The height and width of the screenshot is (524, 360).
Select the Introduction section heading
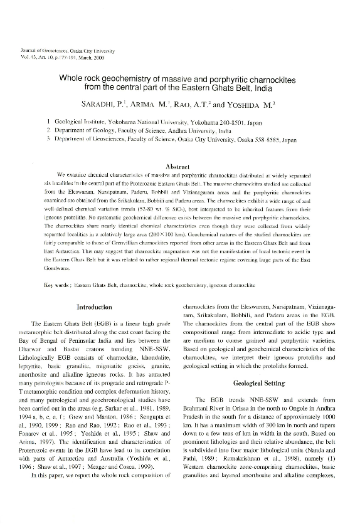pyautogui.click(x=93, y=307)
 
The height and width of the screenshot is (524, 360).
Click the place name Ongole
pyautogui.click(x=283, y=407)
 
